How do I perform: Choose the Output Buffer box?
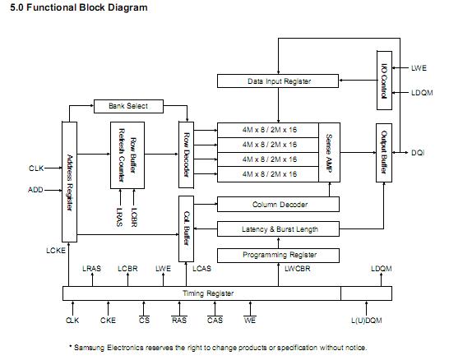pos(384,153)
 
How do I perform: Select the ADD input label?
pos(36,189)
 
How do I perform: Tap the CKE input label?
pos(108,321)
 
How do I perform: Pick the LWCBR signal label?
pos(297,268)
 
